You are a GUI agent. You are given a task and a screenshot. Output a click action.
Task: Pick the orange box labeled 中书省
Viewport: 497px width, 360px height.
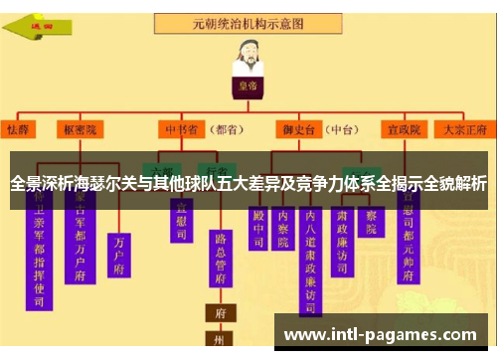182,129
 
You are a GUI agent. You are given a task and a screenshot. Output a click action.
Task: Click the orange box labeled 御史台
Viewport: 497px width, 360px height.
294,129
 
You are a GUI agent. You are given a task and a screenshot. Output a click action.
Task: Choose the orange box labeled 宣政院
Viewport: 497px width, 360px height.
406,129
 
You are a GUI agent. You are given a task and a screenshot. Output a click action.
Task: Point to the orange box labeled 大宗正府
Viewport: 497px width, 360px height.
465,129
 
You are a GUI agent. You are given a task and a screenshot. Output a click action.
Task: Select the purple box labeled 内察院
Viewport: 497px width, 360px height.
284,228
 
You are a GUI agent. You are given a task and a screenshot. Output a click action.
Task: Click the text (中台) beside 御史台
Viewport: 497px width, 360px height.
343,129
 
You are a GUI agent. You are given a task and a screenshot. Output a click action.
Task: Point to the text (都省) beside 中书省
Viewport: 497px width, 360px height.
228,129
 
